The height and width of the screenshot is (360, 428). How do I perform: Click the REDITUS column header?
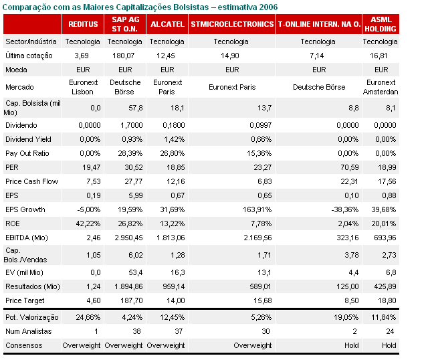83,24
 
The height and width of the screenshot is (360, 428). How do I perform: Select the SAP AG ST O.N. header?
124,24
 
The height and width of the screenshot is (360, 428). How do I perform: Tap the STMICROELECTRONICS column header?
232,24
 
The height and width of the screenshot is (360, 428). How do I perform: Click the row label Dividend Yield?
27,139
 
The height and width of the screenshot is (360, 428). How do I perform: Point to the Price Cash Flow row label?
31,181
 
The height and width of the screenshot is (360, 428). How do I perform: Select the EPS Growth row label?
25,209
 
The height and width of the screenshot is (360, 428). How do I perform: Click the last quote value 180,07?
123,56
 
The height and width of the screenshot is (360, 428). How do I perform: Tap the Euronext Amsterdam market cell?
382,87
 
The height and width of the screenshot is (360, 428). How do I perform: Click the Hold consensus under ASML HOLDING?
389,345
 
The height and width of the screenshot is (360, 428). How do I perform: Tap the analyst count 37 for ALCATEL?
179,331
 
